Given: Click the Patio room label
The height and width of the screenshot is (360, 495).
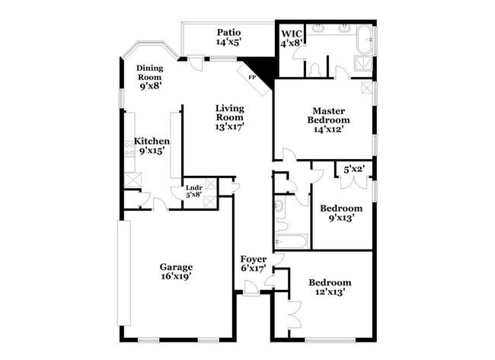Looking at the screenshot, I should coord(228,32).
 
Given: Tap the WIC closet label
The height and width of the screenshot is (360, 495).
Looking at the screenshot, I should coord(292,33).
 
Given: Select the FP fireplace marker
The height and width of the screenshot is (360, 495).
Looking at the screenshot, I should coord(251,77).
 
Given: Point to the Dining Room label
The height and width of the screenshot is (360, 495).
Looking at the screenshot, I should coord(150,72).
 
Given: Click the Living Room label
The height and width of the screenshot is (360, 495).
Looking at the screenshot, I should coord(228,113).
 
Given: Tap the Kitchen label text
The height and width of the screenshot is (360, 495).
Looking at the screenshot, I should coord(152,141).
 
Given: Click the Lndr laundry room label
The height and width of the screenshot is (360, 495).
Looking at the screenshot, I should coord(193,190).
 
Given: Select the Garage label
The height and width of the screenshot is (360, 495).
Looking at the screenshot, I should coord(176,266).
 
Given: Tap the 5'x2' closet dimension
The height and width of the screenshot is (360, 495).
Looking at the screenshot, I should coord(354,169).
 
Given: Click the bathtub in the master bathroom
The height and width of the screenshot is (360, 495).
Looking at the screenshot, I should coord(364,38).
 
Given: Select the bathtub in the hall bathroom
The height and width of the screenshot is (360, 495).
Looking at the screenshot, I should coord(290,242).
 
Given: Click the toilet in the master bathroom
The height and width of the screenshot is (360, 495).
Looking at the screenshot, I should coord(314,68).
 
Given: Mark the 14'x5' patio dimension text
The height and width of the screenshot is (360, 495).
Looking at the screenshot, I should coord(228,43).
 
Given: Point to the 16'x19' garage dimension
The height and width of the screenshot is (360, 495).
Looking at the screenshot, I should coord(175,276).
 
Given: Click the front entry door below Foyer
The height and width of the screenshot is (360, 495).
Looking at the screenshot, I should coord(250,288).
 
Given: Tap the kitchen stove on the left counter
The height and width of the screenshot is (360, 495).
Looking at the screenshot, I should coord(129,148).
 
